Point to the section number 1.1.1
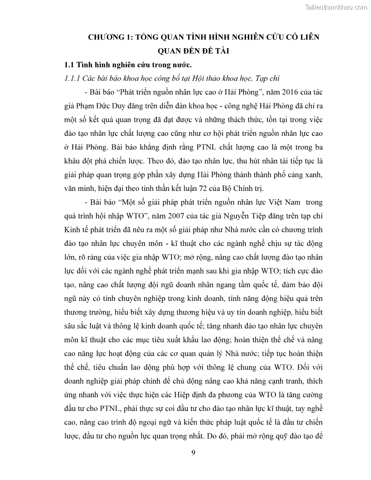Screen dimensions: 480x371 point(72,78)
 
